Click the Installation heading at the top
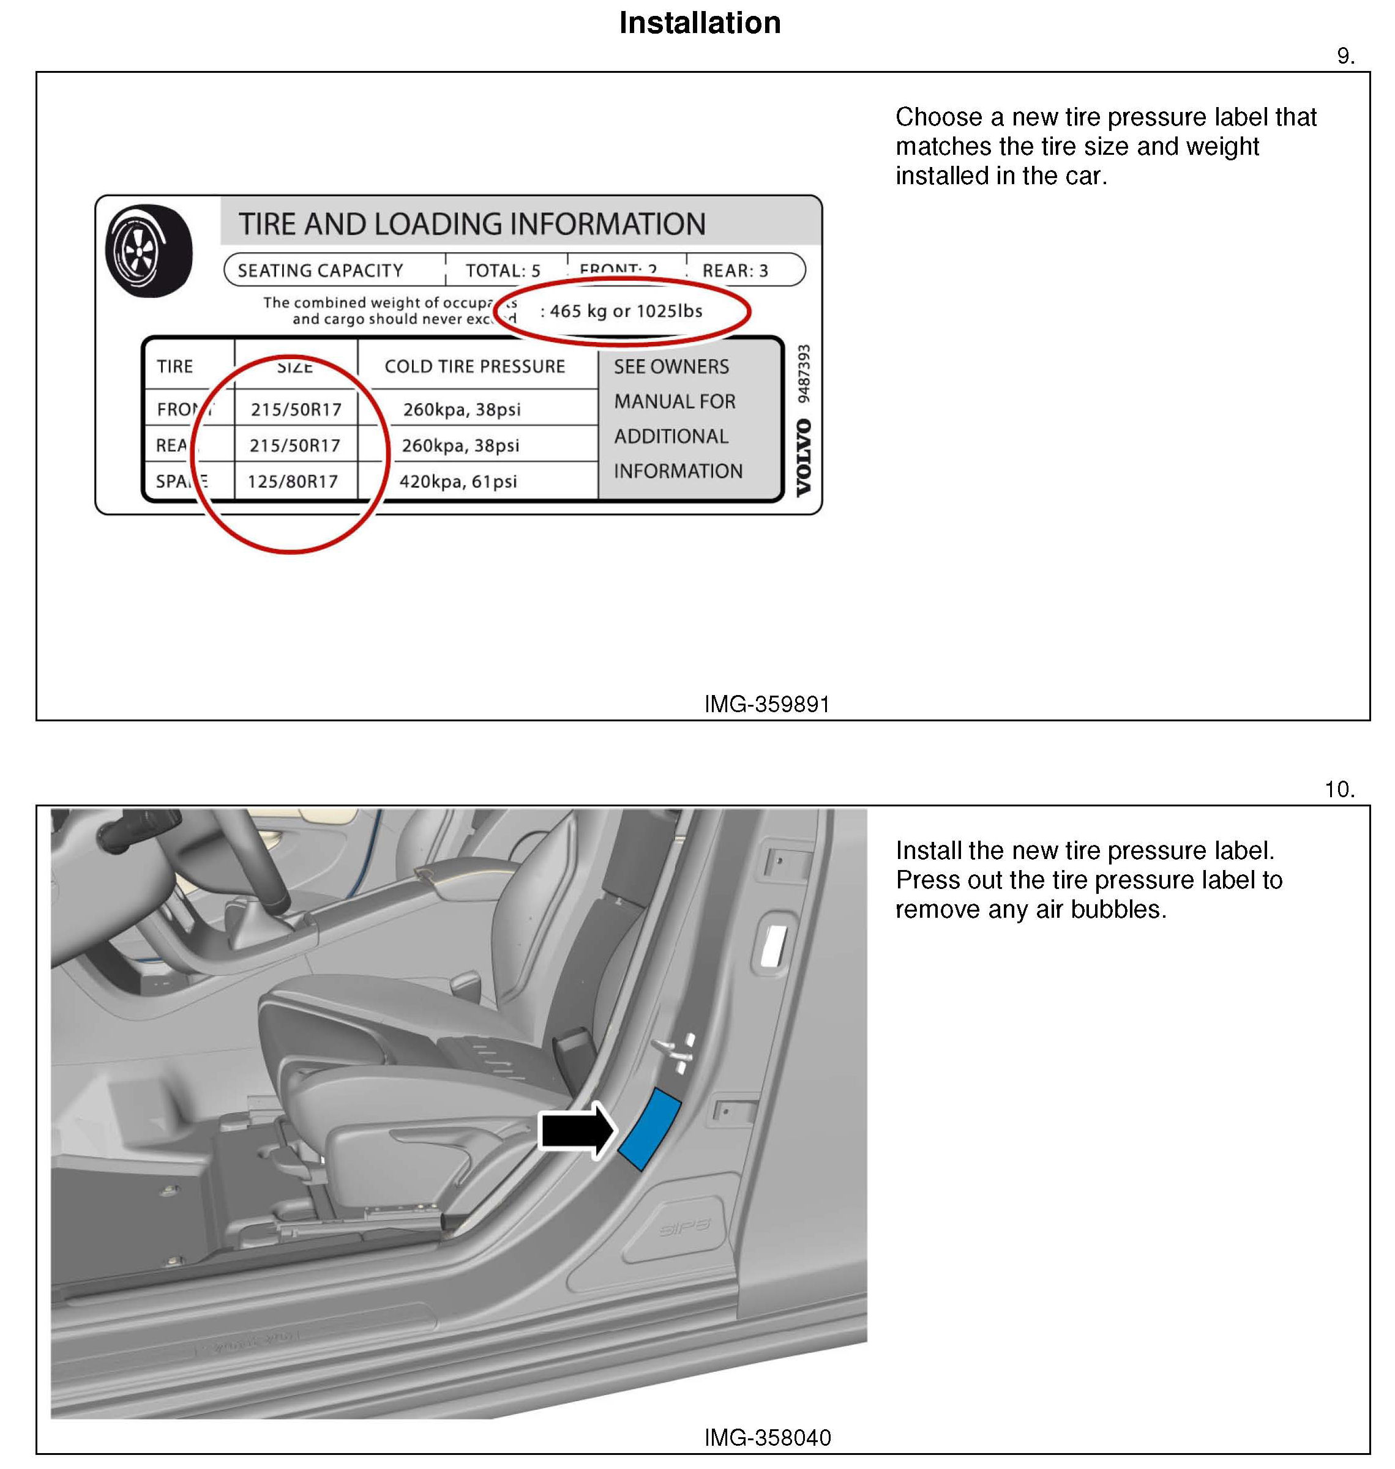tap(699, 23)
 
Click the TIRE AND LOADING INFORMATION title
tap(471, 224)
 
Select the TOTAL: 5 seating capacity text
tap(503, 270)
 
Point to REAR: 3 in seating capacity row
tap(735, 270)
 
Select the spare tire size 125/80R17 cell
tap(293, 482)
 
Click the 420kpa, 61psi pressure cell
tap(458, 482)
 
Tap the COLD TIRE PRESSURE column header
tap(474, 366)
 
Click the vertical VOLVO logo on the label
tap(804, 458)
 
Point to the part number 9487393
tap(804, 373)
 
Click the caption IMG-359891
tap(766, 704)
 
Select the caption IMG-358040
tap(766, 1437)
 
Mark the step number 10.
tap(1339, 789)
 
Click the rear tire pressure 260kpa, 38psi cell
tap(460, 446)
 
